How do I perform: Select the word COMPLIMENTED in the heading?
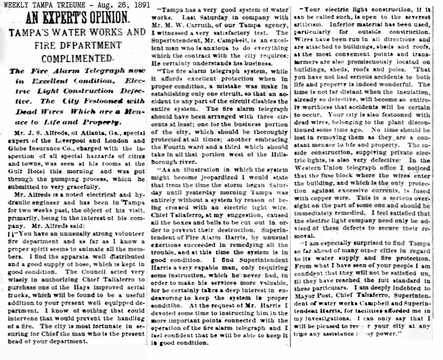coord(77,59)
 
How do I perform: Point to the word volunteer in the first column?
coord(128,234)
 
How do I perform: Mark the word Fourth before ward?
coord(177,147)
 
